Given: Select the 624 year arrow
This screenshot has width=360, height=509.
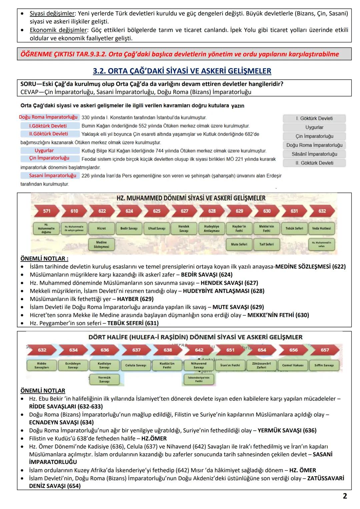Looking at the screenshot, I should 129,211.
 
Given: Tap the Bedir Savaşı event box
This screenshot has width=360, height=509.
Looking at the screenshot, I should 129,228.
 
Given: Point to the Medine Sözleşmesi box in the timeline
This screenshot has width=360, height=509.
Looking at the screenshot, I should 101,245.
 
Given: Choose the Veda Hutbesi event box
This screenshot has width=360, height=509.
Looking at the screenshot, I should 322,228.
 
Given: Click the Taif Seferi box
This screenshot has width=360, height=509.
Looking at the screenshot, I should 266,244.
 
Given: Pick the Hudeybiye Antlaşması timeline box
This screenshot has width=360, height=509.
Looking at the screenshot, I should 211,228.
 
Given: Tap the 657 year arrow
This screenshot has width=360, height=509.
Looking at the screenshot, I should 324,350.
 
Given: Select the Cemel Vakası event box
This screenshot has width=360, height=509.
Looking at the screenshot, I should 293,365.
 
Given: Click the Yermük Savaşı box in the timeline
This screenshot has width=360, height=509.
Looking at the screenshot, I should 104,379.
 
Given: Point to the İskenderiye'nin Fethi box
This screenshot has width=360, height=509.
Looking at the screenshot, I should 199,379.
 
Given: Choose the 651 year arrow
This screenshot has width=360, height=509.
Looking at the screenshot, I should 230,350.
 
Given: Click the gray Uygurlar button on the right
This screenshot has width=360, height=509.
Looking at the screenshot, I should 314,127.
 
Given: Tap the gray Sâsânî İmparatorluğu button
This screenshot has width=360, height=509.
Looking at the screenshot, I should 314,154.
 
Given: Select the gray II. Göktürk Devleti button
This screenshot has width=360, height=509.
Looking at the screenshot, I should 314,163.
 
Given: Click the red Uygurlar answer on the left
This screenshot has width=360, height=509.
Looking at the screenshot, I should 44,151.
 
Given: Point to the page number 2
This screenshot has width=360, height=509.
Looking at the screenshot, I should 345,496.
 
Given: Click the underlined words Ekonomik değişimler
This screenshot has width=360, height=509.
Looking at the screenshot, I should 58,30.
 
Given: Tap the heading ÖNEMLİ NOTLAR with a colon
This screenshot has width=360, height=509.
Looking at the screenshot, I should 44,258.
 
